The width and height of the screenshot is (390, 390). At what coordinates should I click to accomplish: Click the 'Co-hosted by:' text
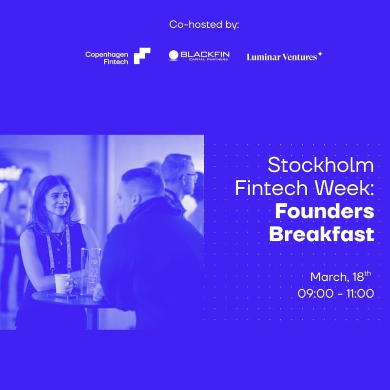[204, 24]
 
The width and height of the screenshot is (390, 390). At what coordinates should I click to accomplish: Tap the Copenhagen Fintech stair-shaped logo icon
[142, 56]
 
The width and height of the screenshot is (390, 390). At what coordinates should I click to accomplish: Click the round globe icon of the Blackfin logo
[173, 56]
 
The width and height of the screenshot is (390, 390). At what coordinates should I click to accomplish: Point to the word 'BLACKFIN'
[205, 54]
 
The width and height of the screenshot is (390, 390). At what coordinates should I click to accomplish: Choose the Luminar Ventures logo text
[282, 57]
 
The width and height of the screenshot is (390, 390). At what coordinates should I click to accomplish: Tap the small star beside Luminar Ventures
[320, 53]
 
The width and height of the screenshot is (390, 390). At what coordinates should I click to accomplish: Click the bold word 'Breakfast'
[321, 234]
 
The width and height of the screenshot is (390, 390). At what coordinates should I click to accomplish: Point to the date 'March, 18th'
[341, 277]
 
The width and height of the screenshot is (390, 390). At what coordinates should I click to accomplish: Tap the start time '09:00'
[314, 294]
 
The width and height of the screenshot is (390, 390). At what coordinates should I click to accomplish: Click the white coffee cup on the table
[62, 283]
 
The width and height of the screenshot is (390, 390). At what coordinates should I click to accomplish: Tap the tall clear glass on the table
[91, 271]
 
